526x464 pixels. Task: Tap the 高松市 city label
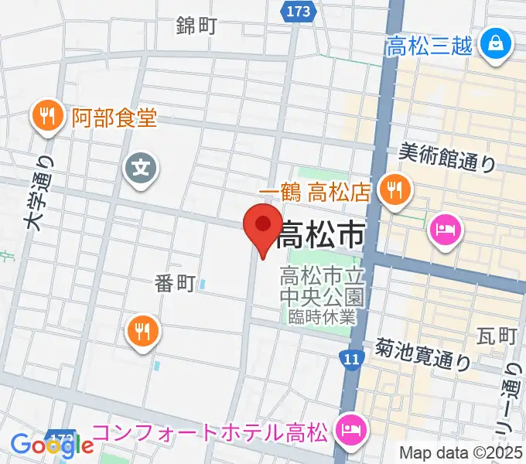(x=320, y=234)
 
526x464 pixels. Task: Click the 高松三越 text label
(x=429, y=46)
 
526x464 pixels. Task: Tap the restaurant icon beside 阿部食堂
(x=48, y=118)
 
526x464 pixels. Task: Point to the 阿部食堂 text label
(x=114, y=118)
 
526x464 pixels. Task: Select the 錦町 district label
(x=196, y=26)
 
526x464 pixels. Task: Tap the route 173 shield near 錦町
(x=297, y=12)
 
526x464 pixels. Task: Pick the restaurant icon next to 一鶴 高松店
(x=395, y=188)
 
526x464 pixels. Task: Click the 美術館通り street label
(x=447, y=158)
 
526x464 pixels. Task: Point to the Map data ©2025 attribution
(x=461, y=452)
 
